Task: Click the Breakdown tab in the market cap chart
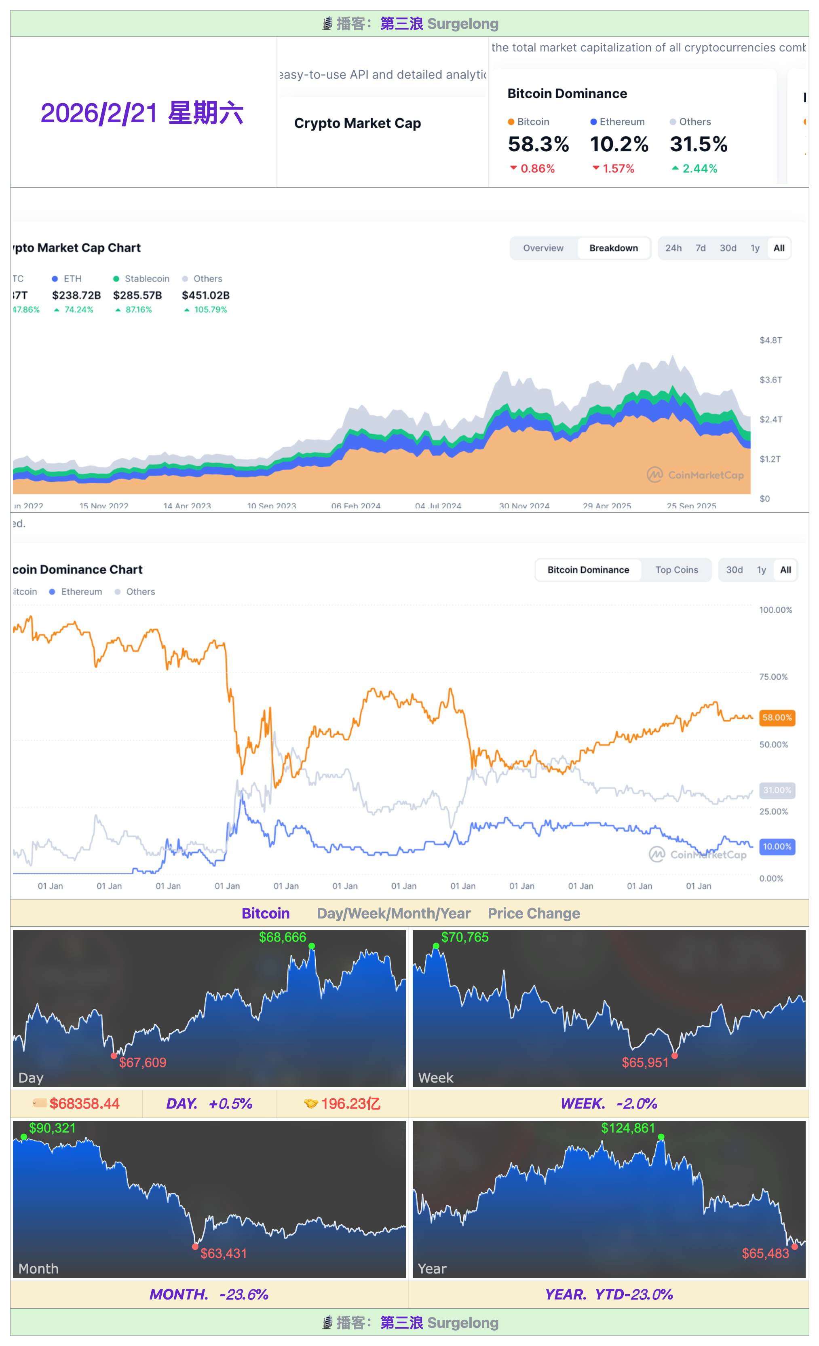point(613,248)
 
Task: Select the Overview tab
point(543,248)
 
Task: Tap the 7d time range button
point(700,248)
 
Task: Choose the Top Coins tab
point(676,570)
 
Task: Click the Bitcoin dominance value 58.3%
point(538,144)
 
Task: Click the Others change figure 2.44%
point(699,169)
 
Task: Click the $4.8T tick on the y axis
point(770,340)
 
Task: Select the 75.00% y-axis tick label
point(773,677)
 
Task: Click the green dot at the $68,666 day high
point(311,946)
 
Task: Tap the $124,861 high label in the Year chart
point(627,1128)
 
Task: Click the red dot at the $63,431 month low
point(195,1246)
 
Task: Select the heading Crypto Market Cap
point(357,123)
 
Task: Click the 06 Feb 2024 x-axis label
point(355,506)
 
